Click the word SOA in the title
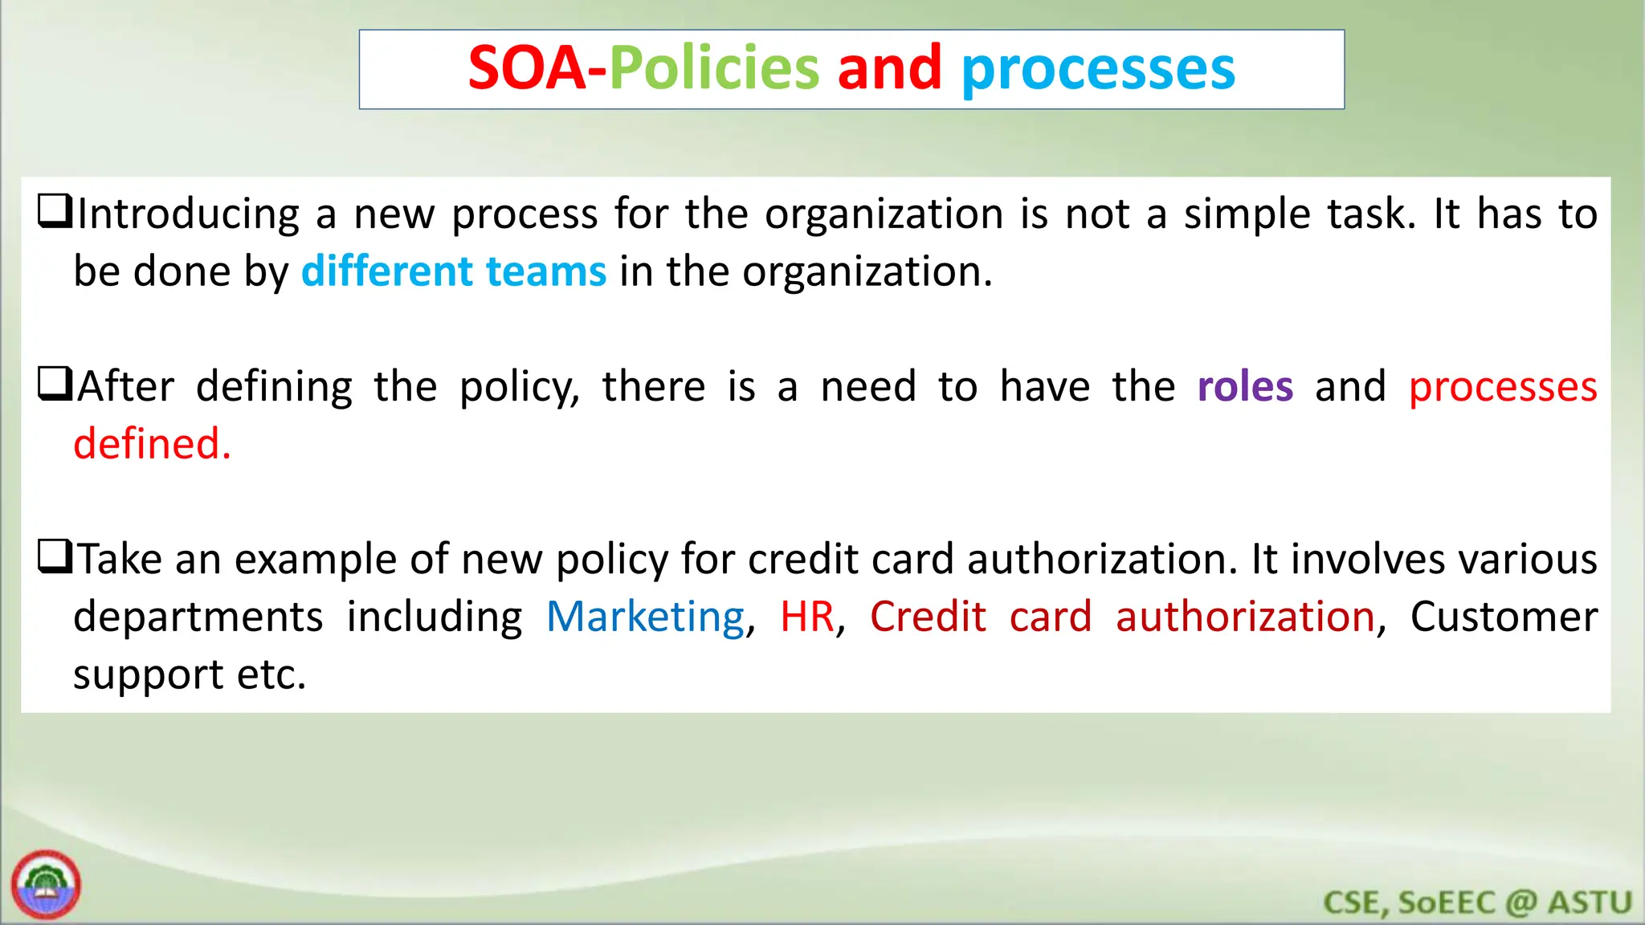[x=527, y=69]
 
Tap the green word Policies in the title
[x=714, y=69]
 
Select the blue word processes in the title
[x=1098, y=71]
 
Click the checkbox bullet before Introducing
[x=55, y=212]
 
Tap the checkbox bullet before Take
[x=55, y=557]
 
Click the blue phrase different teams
[x=454, y=271]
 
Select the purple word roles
[x=1245, y=386]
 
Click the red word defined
[x=152, y=444]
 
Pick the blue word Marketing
[x=646, y=617]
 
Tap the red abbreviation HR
[x=807, y=617]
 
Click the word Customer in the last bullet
[x=1504, y=617]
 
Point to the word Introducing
[x=189, y=214]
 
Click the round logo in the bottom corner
[x=47, y=885]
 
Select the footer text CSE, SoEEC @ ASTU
[x=1477, y=903]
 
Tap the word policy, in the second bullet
[x=519, y=388]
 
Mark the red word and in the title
[x=889, y=69]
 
